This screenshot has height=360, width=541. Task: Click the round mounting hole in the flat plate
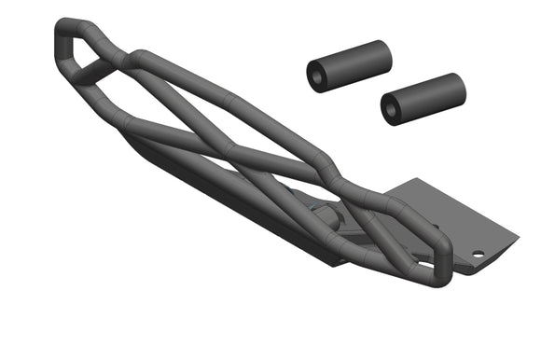coord(478,254)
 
